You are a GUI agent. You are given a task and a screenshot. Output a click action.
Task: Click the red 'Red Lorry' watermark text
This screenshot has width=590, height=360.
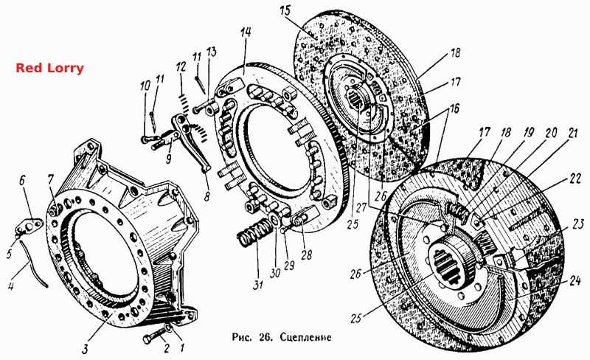(49, 68)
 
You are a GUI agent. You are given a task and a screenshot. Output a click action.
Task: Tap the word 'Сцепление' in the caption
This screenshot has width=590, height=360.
(305, 337)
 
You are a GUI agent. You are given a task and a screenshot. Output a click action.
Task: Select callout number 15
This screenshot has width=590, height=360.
(285, 10)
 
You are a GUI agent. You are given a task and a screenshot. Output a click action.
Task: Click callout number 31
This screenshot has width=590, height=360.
(257, 284)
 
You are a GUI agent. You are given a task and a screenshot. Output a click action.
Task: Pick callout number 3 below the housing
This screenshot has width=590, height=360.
(86, 349)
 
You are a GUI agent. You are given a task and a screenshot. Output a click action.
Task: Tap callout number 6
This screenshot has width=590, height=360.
(22, 181)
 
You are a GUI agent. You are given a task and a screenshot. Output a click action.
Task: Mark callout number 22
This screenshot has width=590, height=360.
(575, 179)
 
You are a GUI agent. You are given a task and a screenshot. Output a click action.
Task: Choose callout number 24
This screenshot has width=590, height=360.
(575, 280)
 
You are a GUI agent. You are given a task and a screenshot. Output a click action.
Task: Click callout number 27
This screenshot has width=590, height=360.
(361, 208)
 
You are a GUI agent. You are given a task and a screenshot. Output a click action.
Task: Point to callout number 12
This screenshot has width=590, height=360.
(181, 67)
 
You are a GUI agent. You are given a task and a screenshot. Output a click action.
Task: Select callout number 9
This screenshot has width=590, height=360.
(169, 159)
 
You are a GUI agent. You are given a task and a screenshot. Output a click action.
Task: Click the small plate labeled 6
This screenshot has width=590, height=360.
(29, 226)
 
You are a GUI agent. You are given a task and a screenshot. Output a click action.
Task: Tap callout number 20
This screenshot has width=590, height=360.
(551, 133)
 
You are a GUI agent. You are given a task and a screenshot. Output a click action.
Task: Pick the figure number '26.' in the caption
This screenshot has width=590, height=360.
(266, 337)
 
